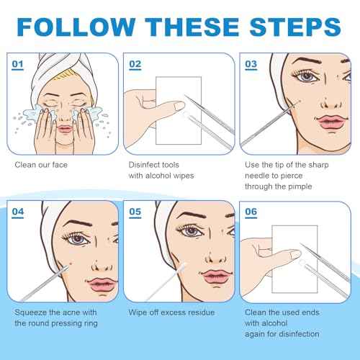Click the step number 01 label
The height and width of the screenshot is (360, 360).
click(x=18, y=64)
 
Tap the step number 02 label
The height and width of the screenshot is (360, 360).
click(x=135, y=64)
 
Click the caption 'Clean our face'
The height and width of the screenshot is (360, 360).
click(x=40, y=164)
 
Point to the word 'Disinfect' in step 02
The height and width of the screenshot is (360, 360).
click(x=145, y=164)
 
